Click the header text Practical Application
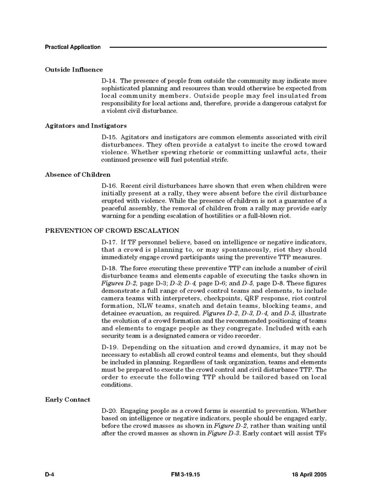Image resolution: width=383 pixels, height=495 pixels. point(73,47)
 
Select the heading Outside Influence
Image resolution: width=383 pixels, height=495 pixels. point(74,70)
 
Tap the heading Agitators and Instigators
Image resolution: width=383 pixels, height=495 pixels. point(85,126)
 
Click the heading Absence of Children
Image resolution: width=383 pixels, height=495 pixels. point(77,175)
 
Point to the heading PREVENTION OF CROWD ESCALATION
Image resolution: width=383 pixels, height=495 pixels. point(112,230)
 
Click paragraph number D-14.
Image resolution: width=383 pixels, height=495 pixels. point(109,80)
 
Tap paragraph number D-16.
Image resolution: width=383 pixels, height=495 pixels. point(109,186)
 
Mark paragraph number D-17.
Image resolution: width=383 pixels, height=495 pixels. point(109,242)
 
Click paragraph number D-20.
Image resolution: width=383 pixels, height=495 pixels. point(109,411)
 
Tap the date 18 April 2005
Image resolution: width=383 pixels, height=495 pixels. point(309,475)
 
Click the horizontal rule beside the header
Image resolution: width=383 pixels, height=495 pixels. point(218,47)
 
